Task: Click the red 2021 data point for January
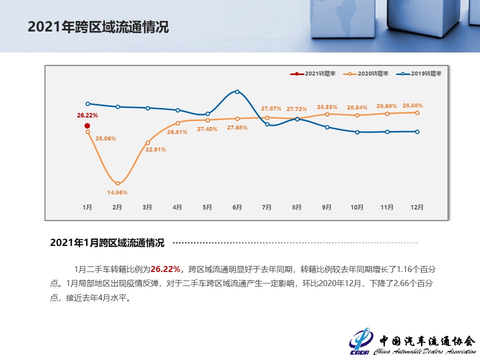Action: pyautogui.click(x=87, y=126)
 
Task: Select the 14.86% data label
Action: pyautogui.click(x=117, y=192)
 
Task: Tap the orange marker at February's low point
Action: pyautogui.click(x=118, y=183)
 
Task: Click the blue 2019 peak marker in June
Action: pyautogui.click(x=237, y=91)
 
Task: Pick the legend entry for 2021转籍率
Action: pyautogui.click(x=313, y=74)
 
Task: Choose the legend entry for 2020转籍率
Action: pyautogui.click(x=366, y=74)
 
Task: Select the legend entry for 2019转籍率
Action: pyautogui.click(x=419, y=74)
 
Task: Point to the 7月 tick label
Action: pyautogui.click(x=266, y=207)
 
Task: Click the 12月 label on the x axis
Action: pyautogui.click(x=417, y=207)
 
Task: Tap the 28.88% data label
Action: pyautogui.click(x=412, y=105)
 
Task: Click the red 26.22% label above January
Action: pyautogui.click(x=87, y=115)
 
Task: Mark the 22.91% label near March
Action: pyautogui.click(x=155, y=149)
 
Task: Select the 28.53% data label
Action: pyautogui.click(x=327, y=107)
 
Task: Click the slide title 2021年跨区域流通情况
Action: pyautogui.click(x=98, y=27)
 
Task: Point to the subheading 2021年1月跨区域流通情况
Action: pyautogui.click(x=107, y=243)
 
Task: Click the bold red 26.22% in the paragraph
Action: pyautogui.click(x=165, y=269)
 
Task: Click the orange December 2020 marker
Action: pyautogui.click(x=417, y=112)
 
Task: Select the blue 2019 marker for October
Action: pyautogui.click(x=357, y=132)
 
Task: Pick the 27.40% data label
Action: pyautogui.click(x=207, y=129)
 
